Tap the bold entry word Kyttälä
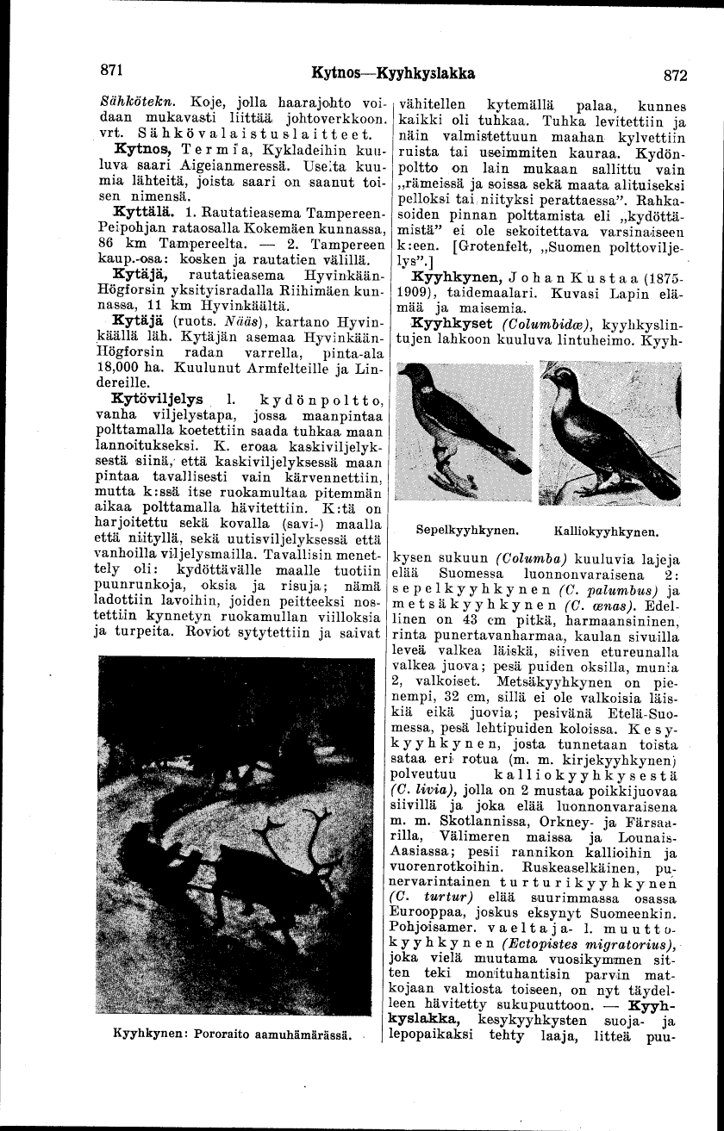pos(140,209)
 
